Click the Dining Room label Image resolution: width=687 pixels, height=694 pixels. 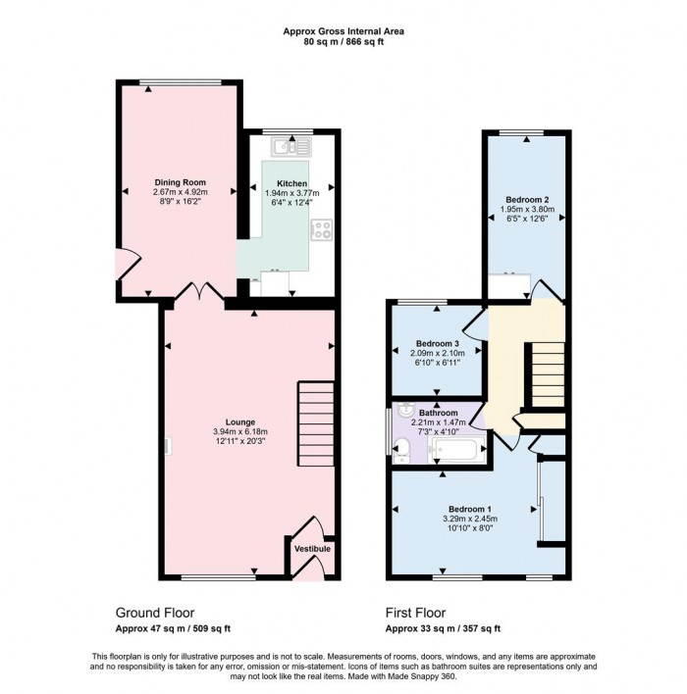click(x=180, y=182)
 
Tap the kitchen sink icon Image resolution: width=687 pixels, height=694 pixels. click(x=291, y=146)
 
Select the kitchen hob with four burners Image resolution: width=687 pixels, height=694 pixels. click(x=321, y=229)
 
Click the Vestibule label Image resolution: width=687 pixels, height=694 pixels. click(x=312, y=549)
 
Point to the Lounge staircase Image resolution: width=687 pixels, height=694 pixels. click(x=316, y=423)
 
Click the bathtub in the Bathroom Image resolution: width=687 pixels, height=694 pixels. click(x=456, y=450)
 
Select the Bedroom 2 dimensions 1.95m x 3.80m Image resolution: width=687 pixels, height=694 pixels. click(x=527, y=210)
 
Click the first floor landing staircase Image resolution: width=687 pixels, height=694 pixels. click(x=548, y=374)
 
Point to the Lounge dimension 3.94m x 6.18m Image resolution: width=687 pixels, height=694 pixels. click(x=240, y=431)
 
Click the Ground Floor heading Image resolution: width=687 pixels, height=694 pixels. click(x=155, y=613)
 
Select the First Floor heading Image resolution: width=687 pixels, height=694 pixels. click(x=415, y=613)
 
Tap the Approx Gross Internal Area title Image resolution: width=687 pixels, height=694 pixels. click(x=343, y=31)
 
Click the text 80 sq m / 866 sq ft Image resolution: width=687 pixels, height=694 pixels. click(x=343, y=42)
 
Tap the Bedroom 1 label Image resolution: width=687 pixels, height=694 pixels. click(x=470, y=509)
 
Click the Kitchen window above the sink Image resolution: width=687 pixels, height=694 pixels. click(x=288, y=131)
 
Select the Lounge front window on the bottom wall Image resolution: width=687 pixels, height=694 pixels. click(x=218, y=576)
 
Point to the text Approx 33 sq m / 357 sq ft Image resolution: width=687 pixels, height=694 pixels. click(x=443, y=628)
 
